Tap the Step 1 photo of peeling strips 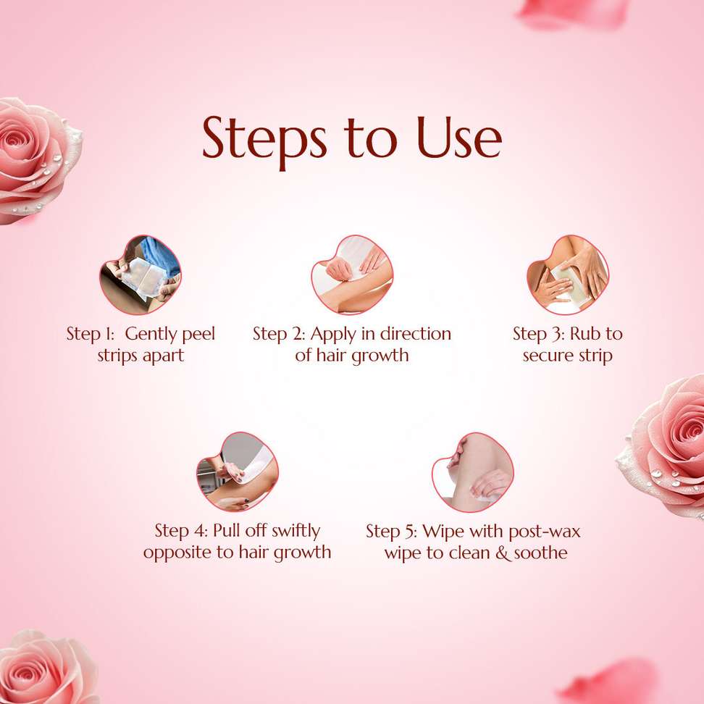tap(140, 275)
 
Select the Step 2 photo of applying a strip tap(352, 275)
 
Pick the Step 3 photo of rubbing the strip tap(568, 275)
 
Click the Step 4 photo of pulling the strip tap(237, 472)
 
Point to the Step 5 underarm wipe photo tap(472, 472)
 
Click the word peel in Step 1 tap(198, 335)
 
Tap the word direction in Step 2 tap(415, 334)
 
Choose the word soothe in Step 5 tap(540, 553)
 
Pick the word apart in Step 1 tap(163, 356)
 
